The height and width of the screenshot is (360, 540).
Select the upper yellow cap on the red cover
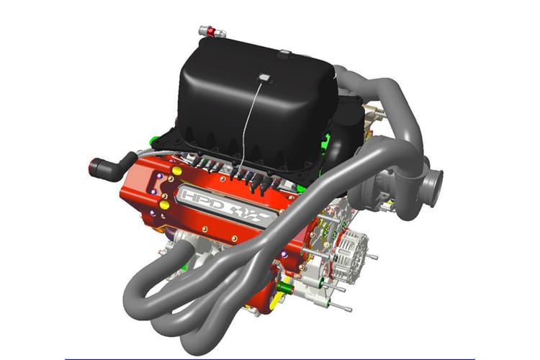[x=176, y=170]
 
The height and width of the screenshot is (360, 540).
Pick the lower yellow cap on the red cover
[x=165, y=205]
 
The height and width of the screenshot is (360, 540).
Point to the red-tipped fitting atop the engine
[x=212, y=32]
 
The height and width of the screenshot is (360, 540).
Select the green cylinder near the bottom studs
[x=285, y=287]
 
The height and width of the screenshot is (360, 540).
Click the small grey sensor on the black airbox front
[x=265, y=78]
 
